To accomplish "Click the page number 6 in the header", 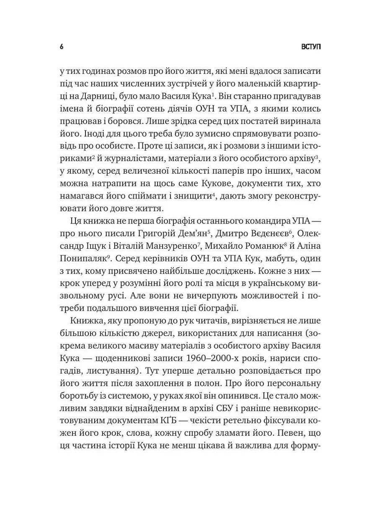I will (x=61, y=47).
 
